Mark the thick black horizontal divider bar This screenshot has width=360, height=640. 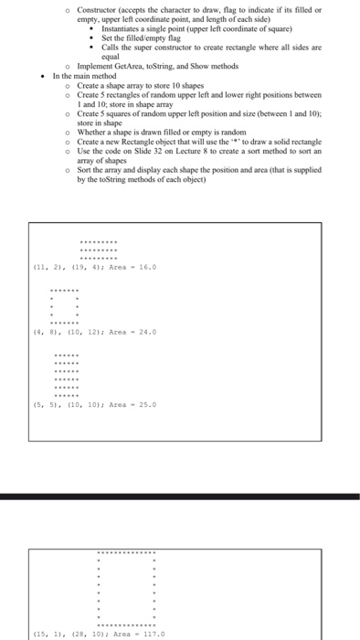coord(180,496)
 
